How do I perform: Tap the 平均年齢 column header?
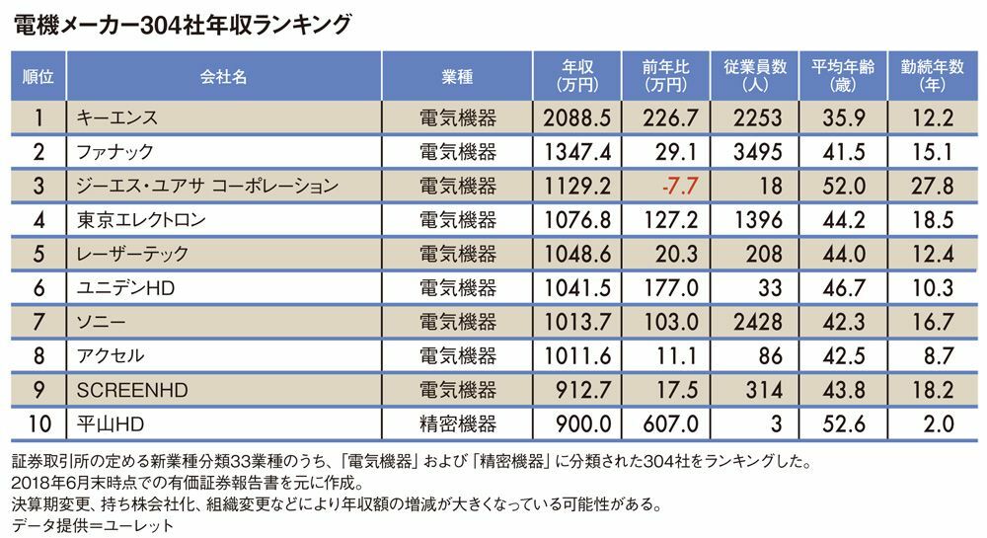pyautogui.click(x=837, y=75)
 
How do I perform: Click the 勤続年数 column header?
pyautogui.click(x=931, y=75)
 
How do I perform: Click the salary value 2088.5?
pyautogui.click(x=576, y=118)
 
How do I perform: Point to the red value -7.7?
pyautogui.click(x=680, y=186)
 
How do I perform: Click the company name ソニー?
pyautogui.click(x=99, y=322)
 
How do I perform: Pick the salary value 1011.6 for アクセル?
pyautogui.click(x=576, y=355)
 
